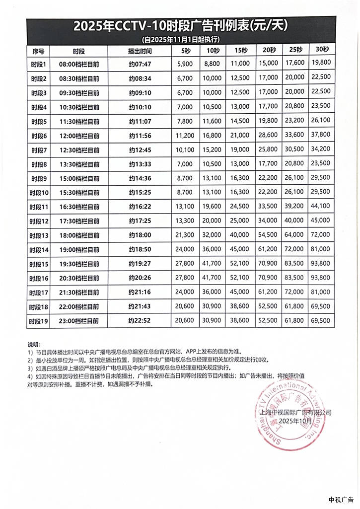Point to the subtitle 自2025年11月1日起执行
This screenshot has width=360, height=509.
point(181,39)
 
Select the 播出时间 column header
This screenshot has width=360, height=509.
point(140,51)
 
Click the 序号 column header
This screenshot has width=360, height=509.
point(38,51)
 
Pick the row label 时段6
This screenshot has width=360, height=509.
point(38,136)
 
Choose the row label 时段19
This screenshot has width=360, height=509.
point(39,321)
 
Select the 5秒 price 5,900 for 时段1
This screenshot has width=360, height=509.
point(185,64)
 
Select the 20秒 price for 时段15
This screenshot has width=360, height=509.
point(268,263)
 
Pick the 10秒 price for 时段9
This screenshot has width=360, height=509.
point(213,178)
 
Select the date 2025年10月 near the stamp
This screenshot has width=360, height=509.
point(296,421)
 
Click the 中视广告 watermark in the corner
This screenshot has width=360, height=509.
point(341,499)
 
